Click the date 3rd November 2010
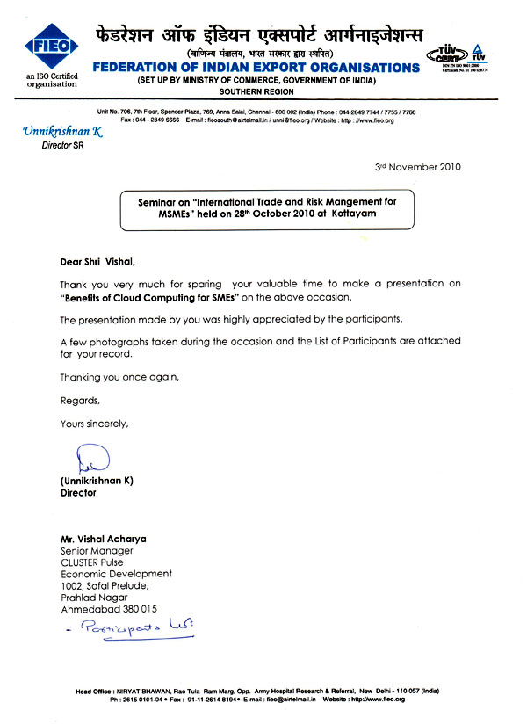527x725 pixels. tap(417, 167)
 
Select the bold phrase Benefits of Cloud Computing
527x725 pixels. tap(134, 297)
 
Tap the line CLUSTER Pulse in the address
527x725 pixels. tap(92, 562)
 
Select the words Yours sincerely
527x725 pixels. tap(94, 424)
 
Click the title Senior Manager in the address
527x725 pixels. tap(97, 550)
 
